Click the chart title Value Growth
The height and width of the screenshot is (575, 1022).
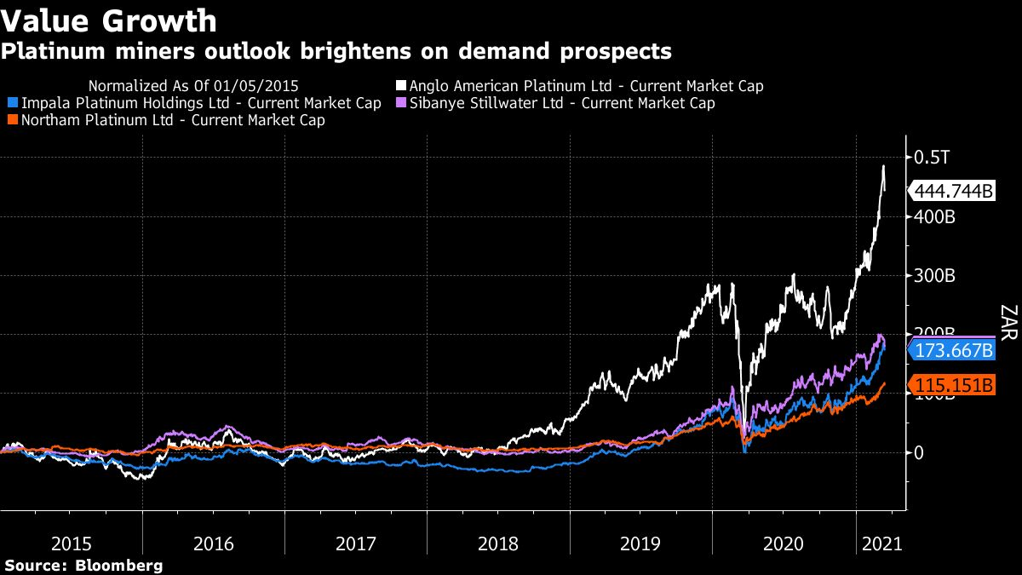pos(109,20)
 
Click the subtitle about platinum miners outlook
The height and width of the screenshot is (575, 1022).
pos(336,52)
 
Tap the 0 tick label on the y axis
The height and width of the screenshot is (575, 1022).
pos(919,453)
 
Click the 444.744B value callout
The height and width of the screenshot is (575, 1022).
pos(953,192)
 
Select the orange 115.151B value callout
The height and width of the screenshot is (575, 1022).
pos(953,385)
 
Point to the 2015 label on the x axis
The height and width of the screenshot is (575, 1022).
pos(72,543)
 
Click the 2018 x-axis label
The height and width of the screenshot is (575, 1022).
pos(499,543)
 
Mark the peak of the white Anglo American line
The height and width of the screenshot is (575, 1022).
pos(883,165)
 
